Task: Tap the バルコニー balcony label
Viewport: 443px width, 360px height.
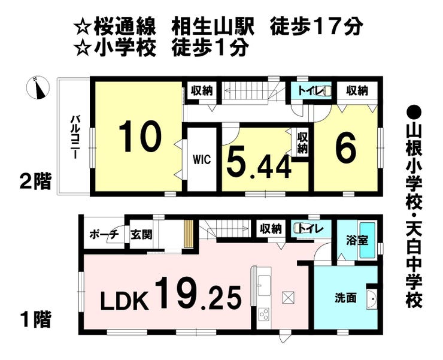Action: (75, 137)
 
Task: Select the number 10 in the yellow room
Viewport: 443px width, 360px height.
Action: (140, 137)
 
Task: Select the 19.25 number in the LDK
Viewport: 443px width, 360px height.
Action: (199, 294)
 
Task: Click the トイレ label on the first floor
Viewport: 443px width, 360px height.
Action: (309, 228)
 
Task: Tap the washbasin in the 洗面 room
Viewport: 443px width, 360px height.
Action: (371, 298)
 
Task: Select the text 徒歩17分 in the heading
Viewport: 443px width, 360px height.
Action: (317, 26)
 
